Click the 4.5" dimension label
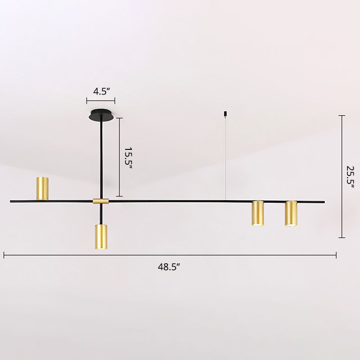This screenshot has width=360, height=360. (x=100, y=91)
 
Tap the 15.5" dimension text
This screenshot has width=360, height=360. (x=128, y=159)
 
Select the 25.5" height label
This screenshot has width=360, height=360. (x=351, y=177)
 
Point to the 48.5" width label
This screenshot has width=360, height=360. (x=169, y=267)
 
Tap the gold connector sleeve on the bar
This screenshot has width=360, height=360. (x=101, y=201)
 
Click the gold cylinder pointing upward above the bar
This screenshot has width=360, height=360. (x=42, y=188)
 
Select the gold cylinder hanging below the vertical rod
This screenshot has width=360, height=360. (x=101, y=237)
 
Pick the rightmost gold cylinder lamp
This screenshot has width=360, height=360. (x=291, y=213)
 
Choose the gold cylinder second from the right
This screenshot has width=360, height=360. (x=258, y=213)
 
